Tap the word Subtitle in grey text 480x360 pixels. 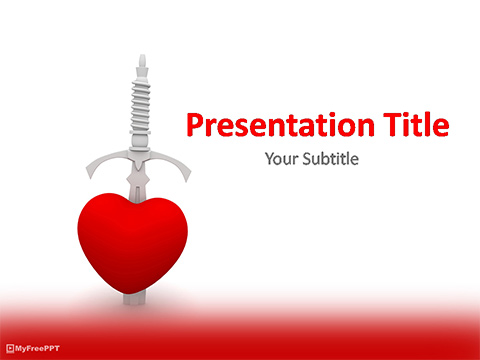pos(330,159)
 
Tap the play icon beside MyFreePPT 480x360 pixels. pos(9,348)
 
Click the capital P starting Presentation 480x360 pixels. pos(197,127)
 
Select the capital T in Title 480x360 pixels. pos(382,127)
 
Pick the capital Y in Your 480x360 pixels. pos(269,159)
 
